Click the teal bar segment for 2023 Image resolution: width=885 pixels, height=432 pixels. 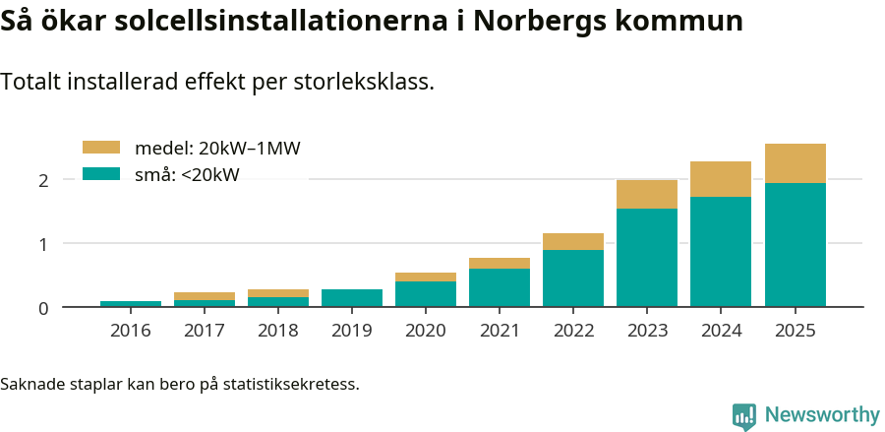pyautogui.click(x=647, y=257)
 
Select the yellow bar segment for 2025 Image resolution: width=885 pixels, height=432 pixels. pyautogui.click(x=795, y=163)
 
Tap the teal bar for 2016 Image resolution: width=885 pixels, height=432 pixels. pyautogui.click(x=131, y=304)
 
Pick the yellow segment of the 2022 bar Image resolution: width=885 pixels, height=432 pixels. pyautogui.click(x=573, y=242)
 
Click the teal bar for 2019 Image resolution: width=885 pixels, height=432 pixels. pyautogui.click(x=352, y=298)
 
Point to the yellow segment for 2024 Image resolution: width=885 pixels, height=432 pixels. pyautogui.click(x=721, y=179)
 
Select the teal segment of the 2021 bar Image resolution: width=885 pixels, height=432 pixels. pyautogui.click(x=500, y=287)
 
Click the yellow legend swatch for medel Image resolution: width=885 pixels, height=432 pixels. pyautogui.click(x=100, y=148)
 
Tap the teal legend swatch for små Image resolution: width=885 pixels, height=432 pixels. pyautogui.click(x=100, y=174)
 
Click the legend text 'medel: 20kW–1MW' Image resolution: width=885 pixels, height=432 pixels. pyautogui.click(x=217, y=149)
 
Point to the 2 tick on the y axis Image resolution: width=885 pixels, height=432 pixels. pyautogui.click(x=43, y=180)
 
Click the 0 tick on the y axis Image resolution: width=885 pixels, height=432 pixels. pyautogui.click(x=43, y=308)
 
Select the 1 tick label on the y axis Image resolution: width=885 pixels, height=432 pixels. pyautogui.click(x=43, y=244)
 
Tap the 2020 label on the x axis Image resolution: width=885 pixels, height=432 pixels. pyautogui.click(x=426, y=331)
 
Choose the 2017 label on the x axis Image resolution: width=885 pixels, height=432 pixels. pyautogui.click(x=205, y=331)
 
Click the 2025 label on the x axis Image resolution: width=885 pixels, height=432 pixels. pyautogui.click(x=795, y=331)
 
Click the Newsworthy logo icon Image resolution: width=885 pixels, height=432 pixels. pyautogui.click(x=744, y=415)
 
